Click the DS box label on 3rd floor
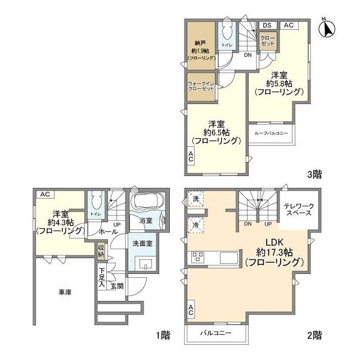click(x=267, y=25)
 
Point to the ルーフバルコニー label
click(x=271, y=133)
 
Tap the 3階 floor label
click(x=314, y=174)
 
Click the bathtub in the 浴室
click(x=146, y=202)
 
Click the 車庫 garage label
click(x=64, y=292)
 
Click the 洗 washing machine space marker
click(x=194, y=199)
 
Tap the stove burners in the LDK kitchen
click(x=199, y=258)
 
